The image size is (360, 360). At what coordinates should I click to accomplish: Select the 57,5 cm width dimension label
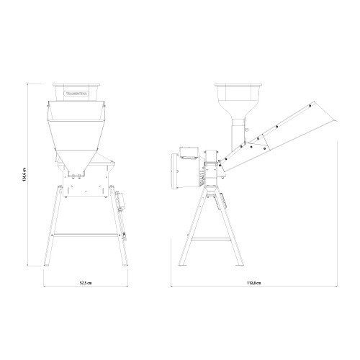coord(85,283)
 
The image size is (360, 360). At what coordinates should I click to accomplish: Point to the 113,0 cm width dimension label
coord(251,283)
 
